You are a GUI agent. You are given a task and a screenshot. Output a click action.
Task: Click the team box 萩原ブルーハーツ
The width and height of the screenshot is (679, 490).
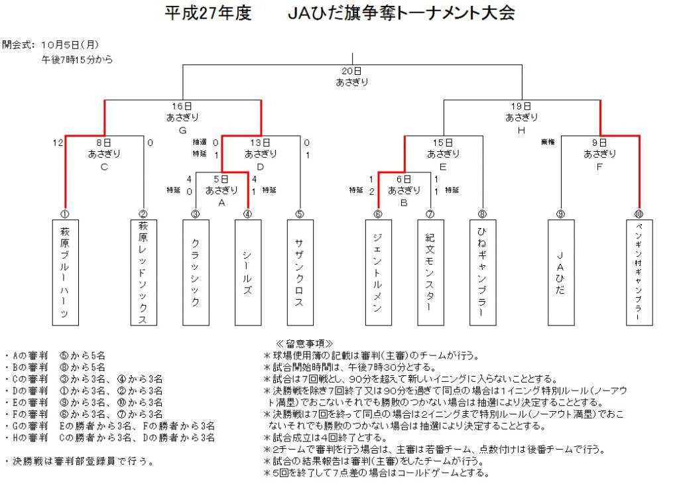66,273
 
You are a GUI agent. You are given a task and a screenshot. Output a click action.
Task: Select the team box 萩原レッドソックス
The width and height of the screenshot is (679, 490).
144,273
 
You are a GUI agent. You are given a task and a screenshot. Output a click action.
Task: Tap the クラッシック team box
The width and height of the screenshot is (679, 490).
196,273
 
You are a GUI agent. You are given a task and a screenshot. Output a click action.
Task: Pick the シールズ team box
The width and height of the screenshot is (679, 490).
248,273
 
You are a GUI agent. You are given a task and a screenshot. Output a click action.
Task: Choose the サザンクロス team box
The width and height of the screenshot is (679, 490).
300,273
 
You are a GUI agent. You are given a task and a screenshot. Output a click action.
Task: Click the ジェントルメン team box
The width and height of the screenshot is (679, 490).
379,273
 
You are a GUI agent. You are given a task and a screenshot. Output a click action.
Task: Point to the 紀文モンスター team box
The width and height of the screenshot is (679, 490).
430,273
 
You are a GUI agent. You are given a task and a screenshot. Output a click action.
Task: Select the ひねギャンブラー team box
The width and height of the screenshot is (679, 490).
483,273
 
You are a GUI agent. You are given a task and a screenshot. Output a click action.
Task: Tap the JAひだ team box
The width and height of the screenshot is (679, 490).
561,273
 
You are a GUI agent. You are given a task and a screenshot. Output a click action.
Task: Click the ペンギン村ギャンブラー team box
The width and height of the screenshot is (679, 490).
639,273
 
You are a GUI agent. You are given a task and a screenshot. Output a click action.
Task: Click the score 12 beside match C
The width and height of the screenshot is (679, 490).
58,143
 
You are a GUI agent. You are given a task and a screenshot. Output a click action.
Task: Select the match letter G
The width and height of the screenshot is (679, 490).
183,131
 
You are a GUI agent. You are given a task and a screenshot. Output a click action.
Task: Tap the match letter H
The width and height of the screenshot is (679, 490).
521,131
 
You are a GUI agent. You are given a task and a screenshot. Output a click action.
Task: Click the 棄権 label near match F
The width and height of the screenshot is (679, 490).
548,142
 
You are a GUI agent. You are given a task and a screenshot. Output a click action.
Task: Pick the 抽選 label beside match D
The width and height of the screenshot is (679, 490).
200,142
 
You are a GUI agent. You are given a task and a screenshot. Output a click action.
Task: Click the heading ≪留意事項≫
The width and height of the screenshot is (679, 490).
305,343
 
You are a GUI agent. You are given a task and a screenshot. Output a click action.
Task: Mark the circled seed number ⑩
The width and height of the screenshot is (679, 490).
639,214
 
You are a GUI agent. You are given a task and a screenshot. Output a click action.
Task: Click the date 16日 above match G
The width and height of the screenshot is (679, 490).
182,107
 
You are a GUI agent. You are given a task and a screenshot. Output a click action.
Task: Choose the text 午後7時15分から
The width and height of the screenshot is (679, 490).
77,60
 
